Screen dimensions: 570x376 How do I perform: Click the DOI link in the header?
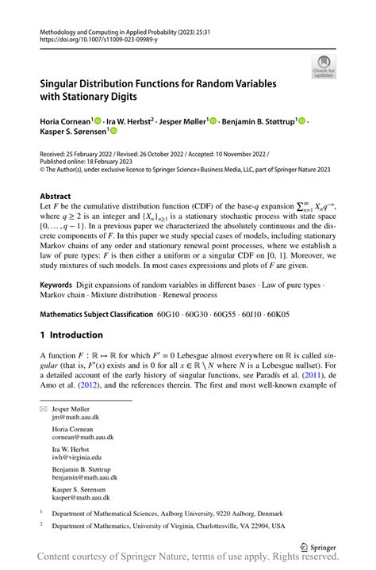[94, 36]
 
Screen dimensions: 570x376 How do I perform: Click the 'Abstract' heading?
[58, 194]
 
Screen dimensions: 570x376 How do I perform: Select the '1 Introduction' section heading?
[71, 335]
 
